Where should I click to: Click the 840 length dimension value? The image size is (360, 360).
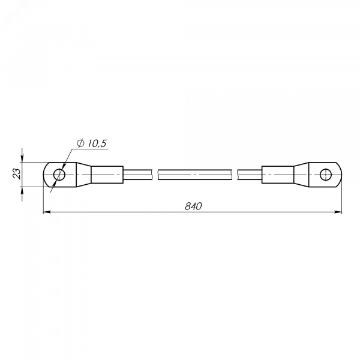[193, 206]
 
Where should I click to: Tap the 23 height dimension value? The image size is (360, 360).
[17, 174]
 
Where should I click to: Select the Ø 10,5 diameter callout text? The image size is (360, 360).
[92, 143]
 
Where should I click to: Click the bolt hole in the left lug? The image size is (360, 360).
[59, 175]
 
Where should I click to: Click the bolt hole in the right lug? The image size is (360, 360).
[326, 175]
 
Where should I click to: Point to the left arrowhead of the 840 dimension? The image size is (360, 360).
[47, 212]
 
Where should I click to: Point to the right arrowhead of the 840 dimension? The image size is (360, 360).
[338, 212]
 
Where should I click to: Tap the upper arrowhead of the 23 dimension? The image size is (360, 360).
[22, 158]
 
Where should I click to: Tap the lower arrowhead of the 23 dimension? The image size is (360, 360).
[22, 191]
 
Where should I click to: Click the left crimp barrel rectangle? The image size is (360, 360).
[107, 175]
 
